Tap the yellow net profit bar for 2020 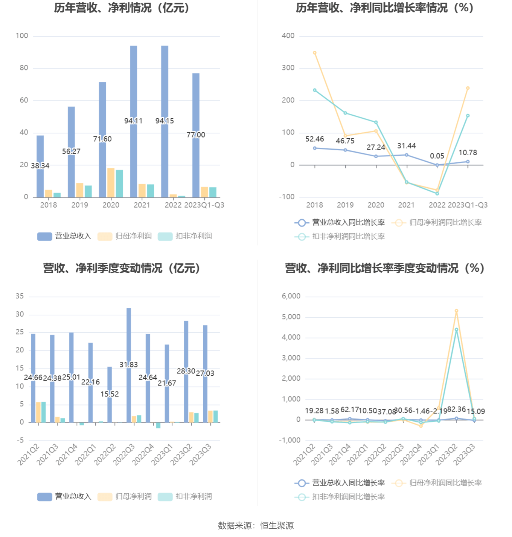click(x=111, y=183)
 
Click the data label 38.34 click(x=40, y=166)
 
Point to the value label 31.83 click(x=129, y=364)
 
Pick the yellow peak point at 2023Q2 click(x=456, y=311)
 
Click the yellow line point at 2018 click(x=315, y=53)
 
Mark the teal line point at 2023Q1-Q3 click(x=468, y=116)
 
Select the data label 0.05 click(x=437, y=156)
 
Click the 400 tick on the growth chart click(x=288, y=36)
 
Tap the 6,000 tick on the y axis click(x=291, y=296)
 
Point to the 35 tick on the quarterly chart click(x=20, y=296)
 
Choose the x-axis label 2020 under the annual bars click(x=111, y=205)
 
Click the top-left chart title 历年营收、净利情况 click(x=122, y=8)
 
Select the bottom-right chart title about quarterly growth click(x=384, y=268)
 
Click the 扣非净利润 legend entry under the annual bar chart click(x=185, y=236)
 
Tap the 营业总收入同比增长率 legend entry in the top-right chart click(x=340, y=223)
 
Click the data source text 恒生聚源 click(x=277, y=526)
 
